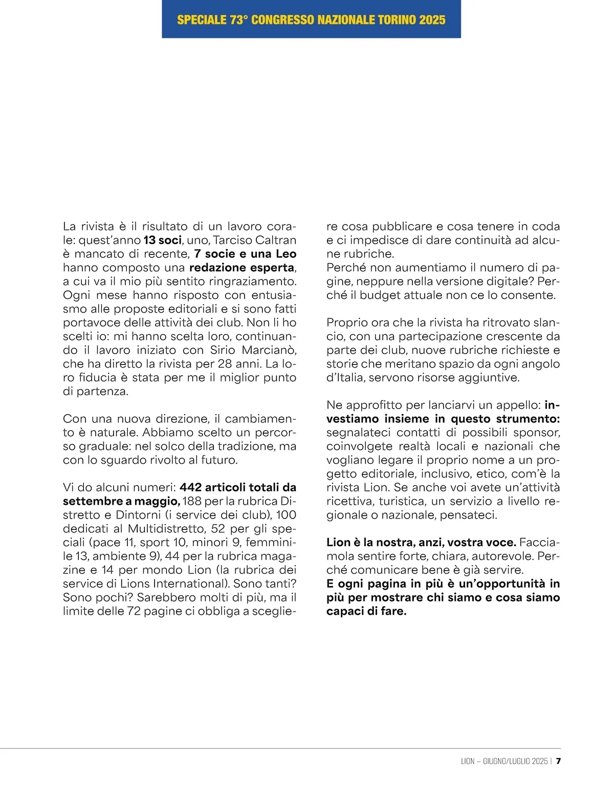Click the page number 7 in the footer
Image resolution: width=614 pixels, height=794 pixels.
point(558,761)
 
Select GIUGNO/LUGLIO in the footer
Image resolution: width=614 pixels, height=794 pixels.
point(506,761)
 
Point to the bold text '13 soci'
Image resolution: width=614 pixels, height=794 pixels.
point(163,240)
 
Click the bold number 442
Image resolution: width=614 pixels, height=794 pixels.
point(190,487)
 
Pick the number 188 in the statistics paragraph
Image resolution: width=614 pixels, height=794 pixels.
point(192,501)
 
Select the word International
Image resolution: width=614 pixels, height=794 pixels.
point(184,584)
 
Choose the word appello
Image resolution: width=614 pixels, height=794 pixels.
point(518,405)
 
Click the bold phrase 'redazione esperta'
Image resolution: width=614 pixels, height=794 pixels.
point(242,268)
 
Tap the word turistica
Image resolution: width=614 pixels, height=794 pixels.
point(402,501)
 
